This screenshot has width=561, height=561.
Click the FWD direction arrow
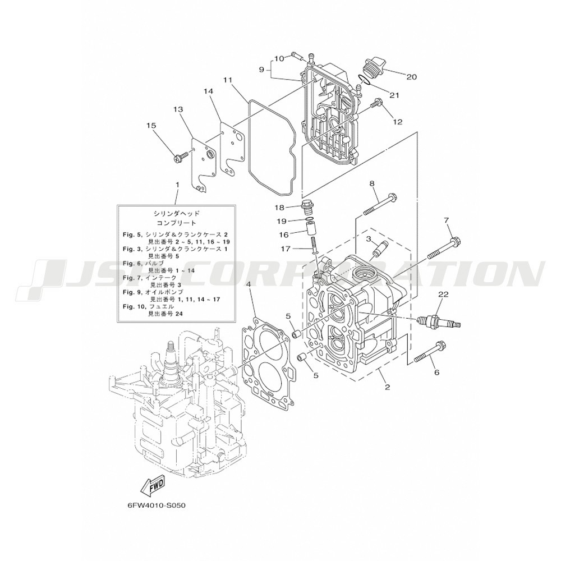pyautogui.click(x=153, y=485)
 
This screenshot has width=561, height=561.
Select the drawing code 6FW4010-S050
pyautogui.click(x=157, y=507)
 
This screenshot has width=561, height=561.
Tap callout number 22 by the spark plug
pyautogui.click(x=443, y=295)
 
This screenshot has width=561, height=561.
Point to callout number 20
pyautogui.click(x=411, y=76)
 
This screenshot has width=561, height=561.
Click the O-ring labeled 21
pyautogui.click(x=365, y=80)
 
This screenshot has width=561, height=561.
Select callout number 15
pyautogui.click(x=151, y=126)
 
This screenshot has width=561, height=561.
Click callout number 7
pyautogui.click(x=446, y=220)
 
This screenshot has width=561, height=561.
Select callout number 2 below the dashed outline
pyautogui.click(x=387, y=387)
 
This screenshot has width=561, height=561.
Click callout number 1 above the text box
pyautogui.click(x=177, y=185)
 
